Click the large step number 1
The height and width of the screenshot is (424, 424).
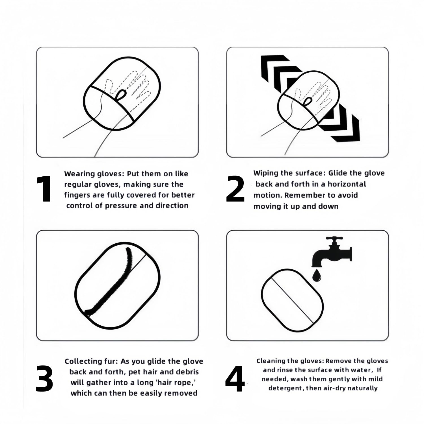click(x=44, y=189)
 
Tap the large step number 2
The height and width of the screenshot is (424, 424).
click(x=235, y=189)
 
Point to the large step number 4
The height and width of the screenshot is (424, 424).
click(x=235, y=379)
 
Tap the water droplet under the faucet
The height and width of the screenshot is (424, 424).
click(x=317, y=275)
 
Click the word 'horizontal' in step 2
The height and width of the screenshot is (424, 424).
click(x=347, y=184)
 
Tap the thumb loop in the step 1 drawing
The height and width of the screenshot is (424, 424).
click(x=121, y=94)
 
